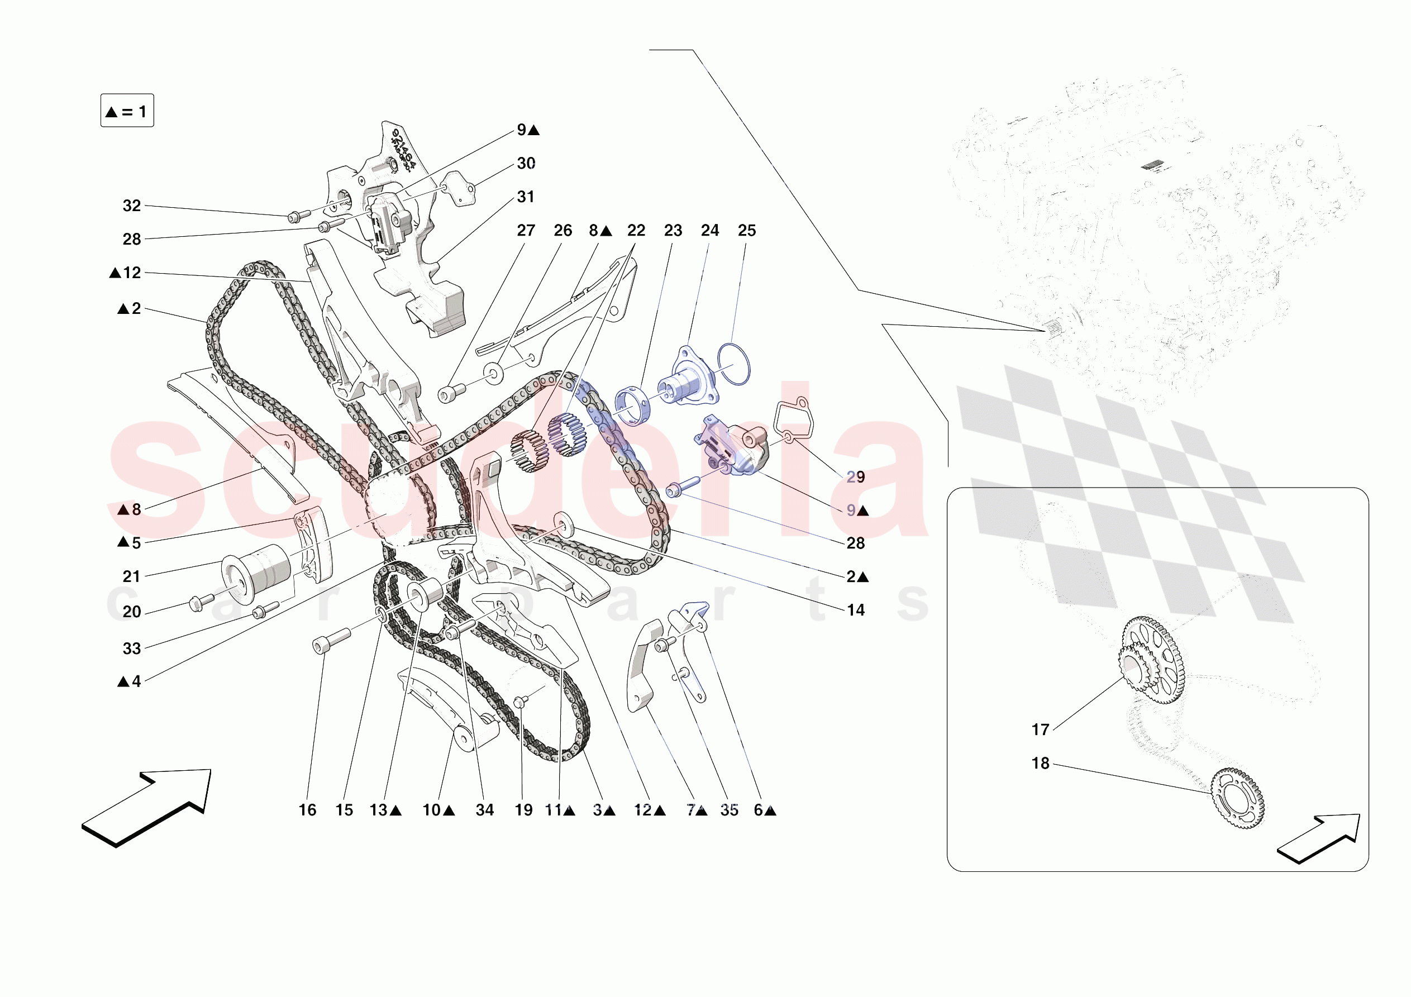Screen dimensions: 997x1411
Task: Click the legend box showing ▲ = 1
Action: (x=127, y=111)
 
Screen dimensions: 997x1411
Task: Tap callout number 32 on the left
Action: (x=131, y=206)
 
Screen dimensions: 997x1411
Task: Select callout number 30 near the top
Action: (x=526, y=164)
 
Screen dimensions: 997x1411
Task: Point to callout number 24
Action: (x=709, y=231)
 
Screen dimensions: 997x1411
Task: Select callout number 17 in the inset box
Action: (x=1040, y=729)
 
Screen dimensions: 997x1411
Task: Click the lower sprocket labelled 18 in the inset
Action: (x=1238, y=799)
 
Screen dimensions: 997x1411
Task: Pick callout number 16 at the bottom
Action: (x=307, y=810)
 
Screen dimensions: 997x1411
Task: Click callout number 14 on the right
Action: (x=855, y=610)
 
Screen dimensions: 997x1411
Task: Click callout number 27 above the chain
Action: (x=526, y=231)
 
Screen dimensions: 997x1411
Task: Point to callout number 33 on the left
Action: (x=131, y=648)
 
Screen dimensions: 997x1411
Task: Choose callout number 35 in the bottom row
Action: (x=729, y=810)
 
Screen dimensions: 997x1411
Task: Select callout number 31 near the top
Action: (x=526, y=197)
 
